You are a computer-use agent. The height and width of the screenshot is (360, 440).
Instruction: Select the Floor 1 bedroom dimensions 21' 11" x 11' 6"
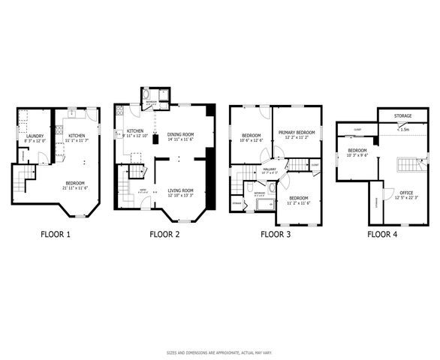coord(74,187)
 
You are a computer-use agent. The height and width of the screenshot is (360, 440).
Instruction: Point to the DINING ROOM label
coord(180,135)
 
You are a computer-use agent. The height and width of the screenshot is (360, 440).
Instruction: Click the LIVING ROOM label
coord(180,190)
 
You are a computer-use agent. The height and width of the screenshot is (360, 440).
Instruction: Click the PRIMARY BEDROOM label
coord(297,133)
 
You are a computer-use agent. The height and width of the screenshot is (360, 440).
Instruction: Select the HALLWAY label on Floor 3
coord(270,169)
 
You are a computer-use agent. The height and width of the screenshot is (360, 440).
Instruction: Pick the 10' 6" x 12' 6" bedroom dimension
coord(251,140)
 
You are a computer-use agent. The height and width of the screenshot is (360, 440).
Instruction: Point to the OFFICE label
coord(405,193)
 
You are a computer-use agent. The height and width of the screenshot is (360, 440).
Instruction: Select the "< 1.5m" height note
coord(403,129)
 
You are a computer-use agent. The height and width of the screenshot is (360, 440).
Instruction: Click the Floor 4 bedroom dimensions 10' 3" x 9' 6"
coord(357,156)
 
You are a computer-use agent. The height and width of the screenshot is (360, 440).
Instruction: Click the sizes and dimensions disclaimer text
coord(220,352)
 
